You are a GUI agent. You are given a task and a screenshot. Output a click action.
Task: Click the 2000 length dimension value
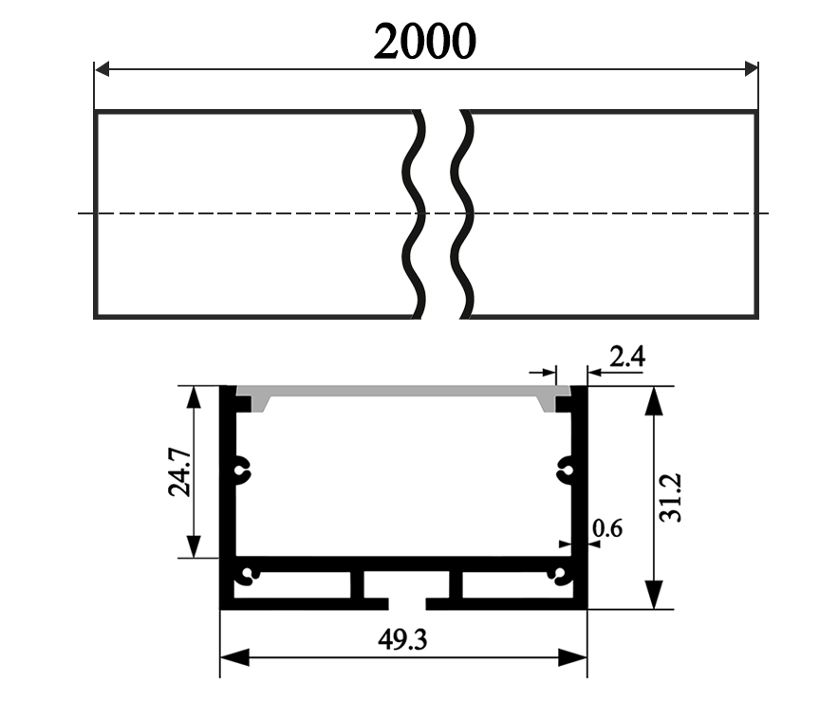[x=424, y=41]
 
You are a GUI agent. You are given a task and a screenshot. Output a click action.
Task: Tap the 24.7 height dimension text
[x=179, y=472]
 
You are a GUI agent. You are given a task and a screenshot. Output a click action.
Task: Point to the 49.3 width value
[x=402, y=641]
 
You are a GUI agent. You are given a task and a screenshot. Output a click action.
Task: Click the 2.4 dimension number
[x=627, y=357]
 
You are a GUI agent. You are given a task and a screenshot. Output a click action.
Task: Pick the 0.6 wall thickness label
[x=606, y=528]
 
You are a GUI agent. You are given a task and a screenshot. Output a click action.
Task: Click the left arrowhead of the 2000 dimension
[x=103, y=69]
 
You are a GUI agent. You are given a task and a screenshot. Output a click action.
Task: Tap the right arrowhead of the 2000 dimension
[x=750, y=69]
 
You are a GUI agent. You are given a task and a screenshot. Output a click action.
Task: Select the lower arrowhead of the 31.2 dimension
[x=653, y=595]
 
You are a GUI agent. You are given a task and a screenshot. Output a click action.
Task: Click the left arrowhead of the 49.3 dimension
[x=233, y=657]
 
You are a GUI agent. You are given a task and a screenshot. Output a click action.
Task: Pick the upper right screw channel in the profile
[x=566, y=466]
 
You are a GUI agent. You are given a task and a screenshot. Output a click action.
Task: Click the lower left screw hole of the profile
[x=250, y=574]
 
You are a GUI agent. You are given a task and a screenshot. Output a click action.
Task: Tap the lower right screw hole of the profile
[x=561, y=574]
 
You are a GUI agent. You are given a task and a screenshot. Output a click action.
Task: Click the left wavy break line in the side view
[x=416, y=213]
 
